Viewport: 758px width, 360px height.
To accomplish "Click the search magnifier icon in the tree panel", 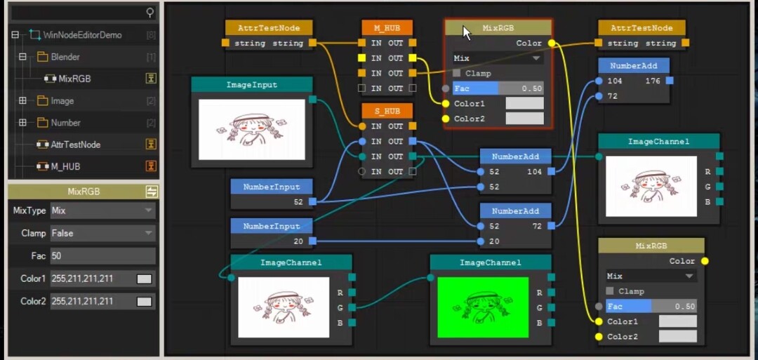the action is click(x=150, y=13).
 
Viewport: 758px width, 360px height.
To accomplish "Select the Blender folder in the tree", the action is click(x=65, y=57).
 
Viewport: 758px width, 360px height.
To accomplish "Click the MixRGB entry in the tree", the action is click(x=74, y=79).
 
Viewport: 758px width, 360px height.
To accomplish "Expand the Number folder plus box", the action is click(x=22, y=123).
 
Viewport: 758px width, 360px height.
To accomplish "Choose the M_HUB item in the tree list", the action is click(x=65, y=167).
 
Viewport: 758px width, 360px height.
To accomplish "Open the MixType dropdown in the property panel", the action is click(x=102, y=211).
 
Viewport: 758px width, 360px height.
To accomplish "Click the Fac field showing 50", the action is click(x=102, y=256).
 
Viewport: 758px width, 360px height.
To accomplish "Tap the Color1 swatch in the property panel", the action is click(x=144, y=279).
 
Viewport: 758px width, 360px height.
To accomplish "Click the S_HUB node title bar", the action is click(x=387, y=111).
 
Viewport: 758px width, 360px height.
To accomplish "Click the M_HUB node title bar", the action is click(x=387, y=28).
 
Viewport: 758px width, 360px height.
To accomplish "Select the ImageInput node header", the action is click(x=252, y=85).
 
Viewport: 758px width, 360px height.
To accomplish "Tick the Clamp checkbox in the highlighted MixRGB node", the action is click(x=457, y=74).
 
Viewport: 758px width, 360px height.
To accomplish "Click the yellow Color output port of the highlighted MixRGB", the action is click(x=552, y=43).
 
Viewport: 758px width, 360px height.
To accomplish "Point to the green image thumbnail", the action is click(x=482, y=307).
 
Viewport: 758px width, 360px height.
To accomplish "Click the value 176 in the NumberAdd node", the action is click(x=653, y=81).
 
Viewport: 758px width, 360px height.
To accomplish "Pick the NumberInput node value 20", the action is click(x=299, y=241).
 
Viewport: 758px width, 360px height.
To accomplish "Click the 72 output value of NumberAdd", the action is click(x=537, y=226).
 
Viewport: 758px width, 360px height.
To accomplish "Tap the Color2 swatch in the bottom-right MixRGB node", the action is click(x=678, y=336).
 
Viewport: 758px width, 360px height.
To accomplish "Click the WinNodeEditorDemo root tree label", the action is click(x=83, y=35).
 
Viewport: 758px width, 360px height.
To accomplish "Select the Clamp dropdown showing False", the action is click(x=102, y=234).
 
